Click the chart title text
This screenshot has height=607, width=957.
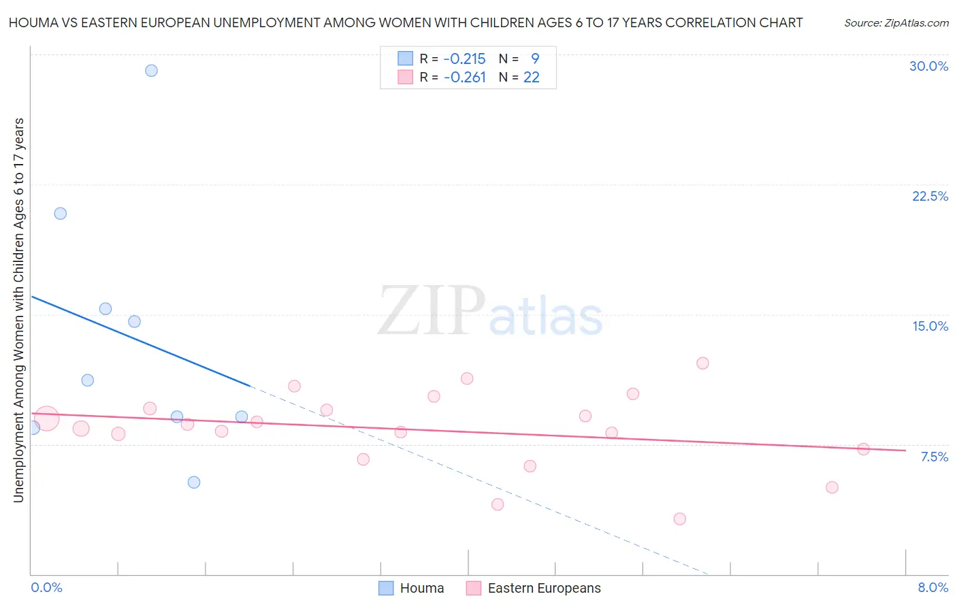(406, 22)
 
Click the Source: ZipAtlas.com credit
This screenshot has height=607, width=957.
(896, 22)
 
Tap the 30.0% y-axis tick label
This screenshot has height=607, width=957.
(928, 66)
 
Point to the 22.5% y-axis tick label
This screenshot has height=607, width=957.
(930, 196)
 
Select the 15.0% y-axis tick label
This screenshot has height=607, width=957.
(930, 326)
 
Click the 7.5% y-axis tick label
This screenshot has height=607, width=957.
(934, 457)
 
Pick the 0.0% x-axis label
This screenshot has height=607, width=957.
(46, 587)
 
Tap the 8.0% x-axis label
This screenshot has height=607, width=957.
(932, 587)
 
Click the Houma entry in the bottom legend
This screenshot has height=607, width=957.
(412, 588)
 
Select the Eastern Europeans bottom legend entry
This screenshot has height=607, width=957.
(534, 588)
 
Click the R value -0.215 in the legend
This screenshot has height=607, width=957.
(464, 59)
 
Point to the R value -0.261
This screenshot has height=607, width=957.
(464, 78)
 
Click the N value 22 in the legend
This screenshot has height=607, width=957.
(531, 78)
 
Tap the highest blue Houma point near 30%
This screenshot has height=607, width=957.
(151, 71)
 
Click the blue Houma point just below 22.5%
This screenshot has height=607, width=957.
(61, 214)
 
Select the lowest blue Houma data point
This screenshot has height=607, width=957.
(194, 482)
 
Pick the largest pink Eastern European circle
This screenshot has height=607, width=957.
(46, 419)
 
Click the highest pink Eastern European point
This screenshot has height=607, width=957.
(702, 363)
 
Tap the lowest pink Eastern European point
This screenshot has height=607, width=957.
(679, 519)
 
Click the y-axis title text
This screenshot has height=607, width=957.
(18, 310)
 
